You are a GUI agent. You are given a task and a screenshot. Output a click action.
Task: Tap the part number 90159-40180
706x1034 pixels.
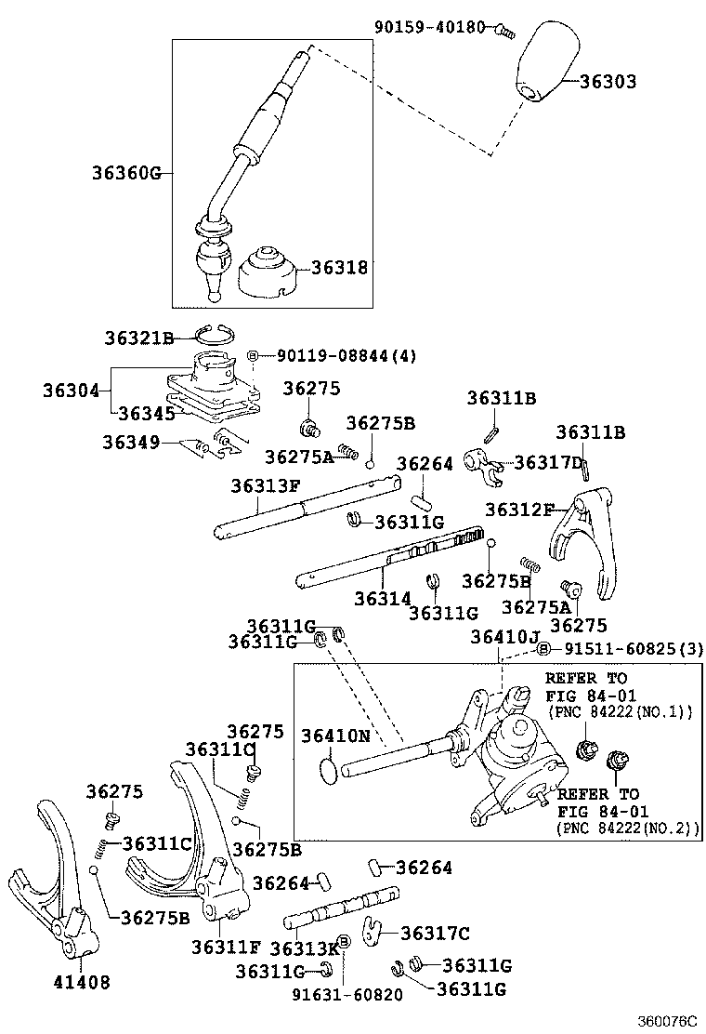pos(430,27)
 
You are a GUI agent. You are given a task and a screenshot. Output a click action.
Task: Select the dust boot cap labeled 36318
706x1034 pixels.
pos(268,274)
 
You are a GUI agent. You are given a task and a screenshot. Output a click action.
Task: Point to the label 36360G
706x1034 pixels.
pos(126,173)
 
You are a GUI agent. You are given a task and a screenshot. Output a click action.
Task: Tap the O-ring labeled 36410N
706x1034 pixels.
pos(325,769)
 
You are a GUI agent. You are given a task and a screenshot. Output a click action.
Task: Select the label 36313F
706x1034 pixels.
pos(266,485)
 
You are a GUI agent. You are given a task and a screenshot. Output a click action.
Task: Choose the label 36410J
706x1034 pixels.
pos(503,637)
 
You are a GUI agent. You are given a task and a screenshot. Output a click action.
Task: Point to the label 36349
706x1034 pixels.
pos(131,442)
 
